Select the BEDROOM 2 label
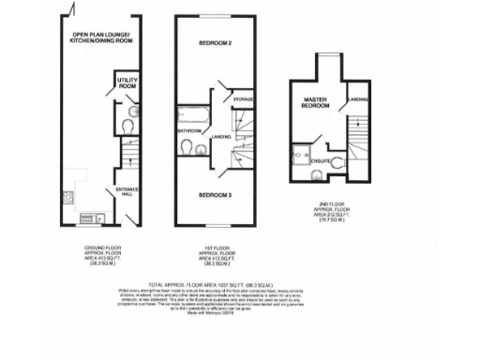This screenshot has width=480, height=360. point(215,44)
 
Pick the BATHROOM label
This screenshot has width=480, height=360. point(190,130)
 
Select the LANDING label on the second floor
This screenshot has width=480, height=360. point(357,98)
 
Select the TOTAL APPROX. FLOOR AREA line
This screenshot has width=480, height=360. point(239,281)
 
